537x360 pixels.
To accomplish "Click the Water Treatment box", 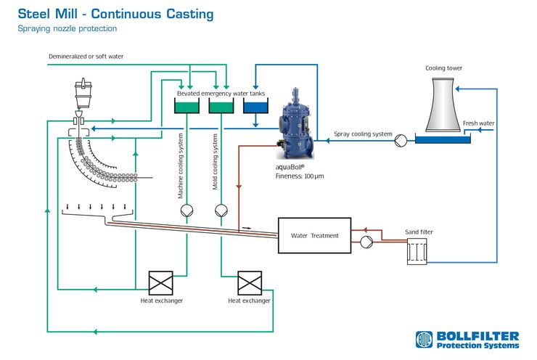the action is coord(314,235).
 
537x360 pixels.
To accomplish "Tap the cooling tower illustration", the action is coord(443,105).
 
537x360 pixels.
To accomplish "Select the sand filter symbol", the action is coord(417,252).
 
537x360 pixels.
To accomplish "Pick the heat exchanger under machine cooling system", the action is coord(160,283).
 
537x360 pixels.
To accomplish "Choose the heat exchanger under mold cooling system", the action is coord(250,283).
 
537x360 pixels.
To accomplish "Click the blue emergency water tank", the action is coord(255,106).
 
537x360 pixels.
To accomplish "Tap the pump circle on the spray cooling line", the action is coord(401,140).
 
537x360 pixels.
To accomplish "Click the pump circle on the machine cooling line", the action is coord(186,210).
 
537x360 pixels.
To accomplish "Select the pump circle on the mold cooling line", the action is coord(221,210).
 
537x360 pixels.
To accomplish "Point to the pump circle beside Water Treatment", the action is coord(366,242).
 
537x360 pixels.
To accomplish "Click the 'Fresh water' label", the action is coord(478,123).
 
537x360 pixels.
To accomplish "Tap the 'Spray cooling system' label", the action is coord(363,134).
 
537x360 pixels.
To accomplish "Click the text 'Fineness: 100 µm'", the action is coord(300,176).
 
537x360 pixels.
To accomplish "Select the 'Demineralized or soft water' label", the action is coord(86,57).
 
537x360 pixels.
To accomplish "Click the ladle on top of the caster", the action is coord(83,93).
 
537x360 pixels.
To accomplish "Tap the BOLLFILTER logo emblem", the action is coord(424,340).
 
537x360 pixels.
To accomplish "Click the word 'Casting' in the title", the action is coord(189,15).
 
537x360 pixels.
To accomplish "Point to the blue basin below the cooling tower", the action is coord(443,140).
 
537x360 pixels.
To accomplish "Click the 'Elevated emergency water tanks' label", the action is coord(221,94).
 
